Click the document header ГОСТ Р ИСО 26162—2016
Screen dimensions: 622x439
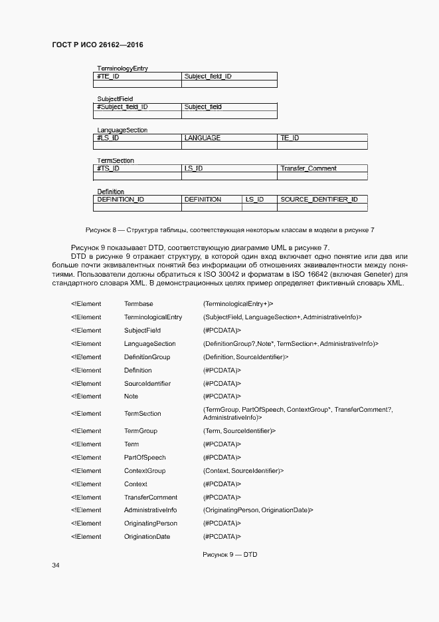pos(98,45)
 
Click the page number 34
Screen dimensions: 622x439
pos(56,565)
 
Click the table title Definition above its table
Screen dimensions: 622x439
pos(110,192)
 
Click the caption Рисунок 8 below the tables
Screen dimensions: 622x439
pos(230,230)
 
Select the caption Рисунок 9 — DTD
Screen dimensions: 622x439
pos(229,553)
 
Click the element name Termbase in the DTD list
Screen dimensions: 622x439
pos(138,303)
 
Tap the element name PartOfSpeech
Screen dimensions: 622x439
pos(145,458)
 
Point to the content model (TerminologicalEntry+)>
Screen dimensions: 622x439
pos(238,303)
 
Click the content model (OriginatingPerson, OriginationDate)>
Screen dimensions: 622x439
pos(258,510)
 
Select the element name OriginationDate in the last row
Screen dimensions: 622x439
pos(147,537)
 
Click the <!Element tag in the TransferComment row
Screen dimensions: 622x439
pos(86,498)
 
